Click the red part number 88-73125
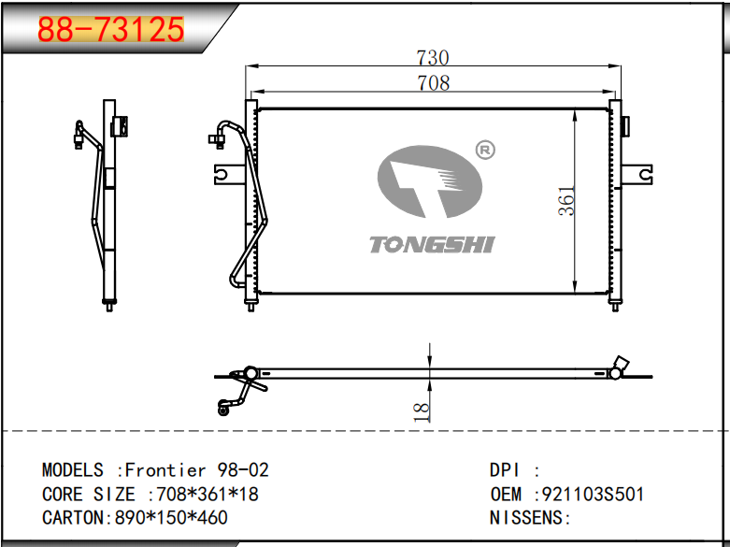click(x=111, y=29)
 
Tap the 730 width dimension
click(x=433, y=58)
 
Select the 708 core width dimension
click(x=434, y=83)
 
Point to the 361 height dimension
click(x=566, y=201)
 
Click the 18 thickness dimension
click(x=421, y=412)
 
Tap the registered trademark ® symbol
click(x=485, y=150)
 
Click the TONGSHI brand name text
click(x=432, y=245)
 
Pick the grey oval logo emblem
click(x=430, y=181)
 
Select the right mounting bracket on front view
click(x=637, y=174)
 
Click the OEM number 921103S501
click(x=594, y=494)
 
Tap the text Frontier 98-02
click(x=197, y=469)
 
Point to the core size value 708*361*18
click(x=208, y=494)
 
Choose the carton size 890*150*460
click(x=171, y=518)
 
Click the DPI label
click(x=504, y=469)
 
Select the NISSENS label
click(x=526, y=518)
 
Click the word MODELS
click(x=73, y=469)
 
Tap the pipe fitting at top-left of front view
click(x=217, y=139)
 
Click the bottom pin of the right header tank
click(x=615, y=307)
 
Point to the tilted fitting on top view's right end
click(x=621, y=363)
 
